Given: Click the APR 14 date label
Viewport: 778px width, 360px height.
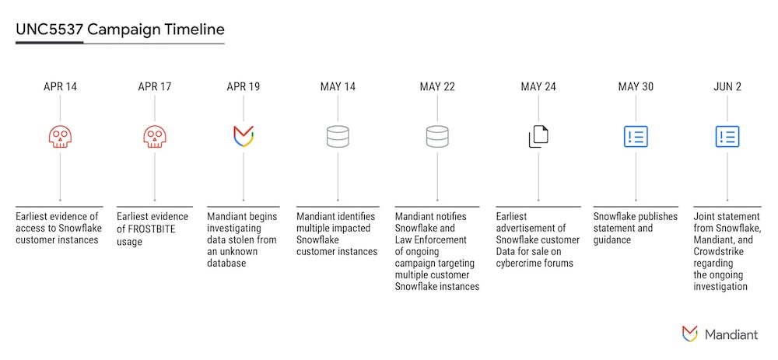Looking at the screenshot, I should [60, 86].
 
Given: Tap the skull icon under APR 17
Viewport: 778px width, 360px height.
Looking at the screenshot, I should [155, 137].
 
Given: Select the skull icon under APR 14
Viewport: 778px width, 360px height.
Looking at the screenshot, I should [60, 137].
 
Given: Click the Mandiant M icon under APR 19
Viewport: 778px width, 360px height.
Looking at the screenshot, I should [244, 136].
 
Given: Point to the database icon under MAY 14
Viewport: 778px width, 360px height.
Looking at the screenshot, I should [337, 136].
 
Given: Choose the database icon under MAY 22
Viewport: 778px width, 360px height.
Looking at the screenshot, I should [436, 136].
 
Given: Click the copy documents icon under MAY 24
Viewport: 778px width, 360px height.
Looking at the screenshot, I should [538, 136].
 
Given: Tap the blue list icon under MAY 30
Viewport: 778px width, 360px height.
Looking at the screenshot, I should [636, 136].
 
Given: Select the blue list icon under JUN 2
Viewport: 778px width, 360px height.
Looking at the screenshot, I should [727, 136].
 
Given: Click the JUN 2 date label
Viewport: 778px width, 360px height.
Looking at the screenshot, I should [727, 86].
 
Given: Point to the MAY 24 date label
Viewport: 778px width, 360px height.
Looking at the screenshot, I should [538, 86].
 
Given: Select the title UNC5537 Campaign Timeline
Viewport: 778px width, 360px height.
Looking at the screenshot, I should [120, 30].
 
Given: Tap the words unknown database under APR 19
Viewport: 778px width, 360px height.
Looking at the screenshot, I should [232, 257].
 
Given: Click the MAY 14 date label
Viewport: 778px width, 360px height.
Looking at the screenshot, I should [337, 86].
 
